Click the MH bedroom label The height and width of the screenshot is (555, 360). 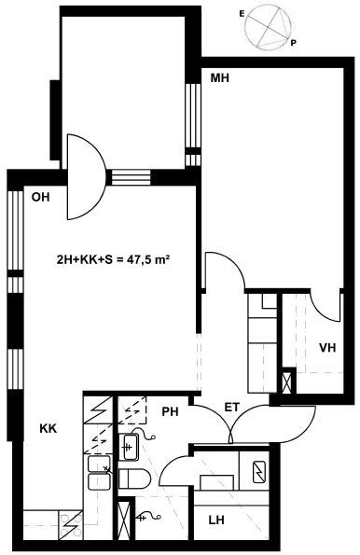point(219,77)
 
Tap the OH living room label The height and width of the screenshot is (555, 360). point(41,197)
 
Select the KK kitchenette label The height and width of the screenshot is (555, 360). point(48,429)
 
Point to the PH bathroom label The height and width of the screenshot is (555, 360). point(171,411)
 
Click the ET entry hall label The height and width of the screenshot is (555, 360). point(232,408)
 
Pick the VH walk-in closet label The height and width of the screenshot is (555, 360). point(327,348)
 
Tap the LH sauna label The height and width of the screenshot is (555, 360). point(216,520)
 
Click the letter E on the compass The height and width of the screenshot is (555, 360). point(242,14)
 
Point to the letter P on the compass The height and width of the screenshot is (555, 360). point(293,43)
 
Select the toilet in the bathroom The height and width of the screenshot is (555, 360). point(135,479)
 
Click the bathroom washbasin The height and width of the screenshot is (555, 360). point(128,447)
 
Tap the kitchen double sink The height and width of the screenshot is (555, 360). point(99,473)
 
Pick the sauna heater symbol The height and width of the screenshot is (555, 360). point(260,472)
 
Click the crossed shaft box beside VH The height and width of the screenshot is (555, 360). point(288,381)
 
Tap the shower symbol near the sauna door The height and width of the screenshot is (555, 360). point(149,517)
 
